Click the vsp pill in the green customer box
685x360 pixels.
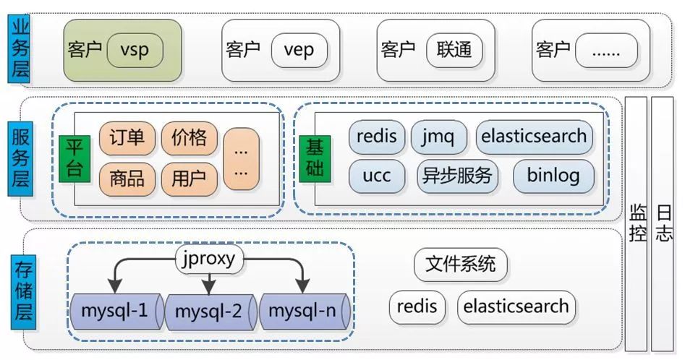pos(135,50)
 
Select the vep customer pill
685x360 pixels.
pos(299,50)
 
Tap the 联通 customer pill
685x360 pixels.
pos(454,50)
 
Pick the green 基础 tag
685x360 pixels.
pos(315,159)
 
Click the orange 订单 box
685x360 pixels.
pos(127,138)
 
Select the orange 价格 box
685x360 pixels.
pos(189,138)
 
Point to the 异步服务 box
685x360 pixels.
pos(457,176)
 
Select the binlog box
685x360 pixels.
pos(553,176)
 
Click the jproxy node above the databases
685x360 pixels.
pos(208,259)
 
